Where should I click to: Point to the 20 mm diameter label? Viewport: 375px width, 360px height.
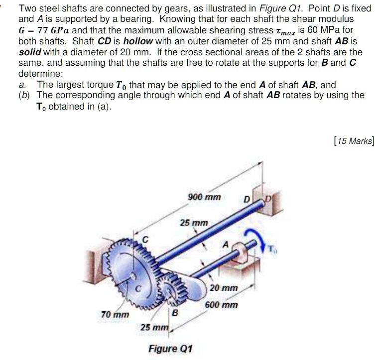click(224, 288)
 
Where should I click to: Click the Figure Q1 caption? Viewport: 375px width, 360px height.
click(170, 348)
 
